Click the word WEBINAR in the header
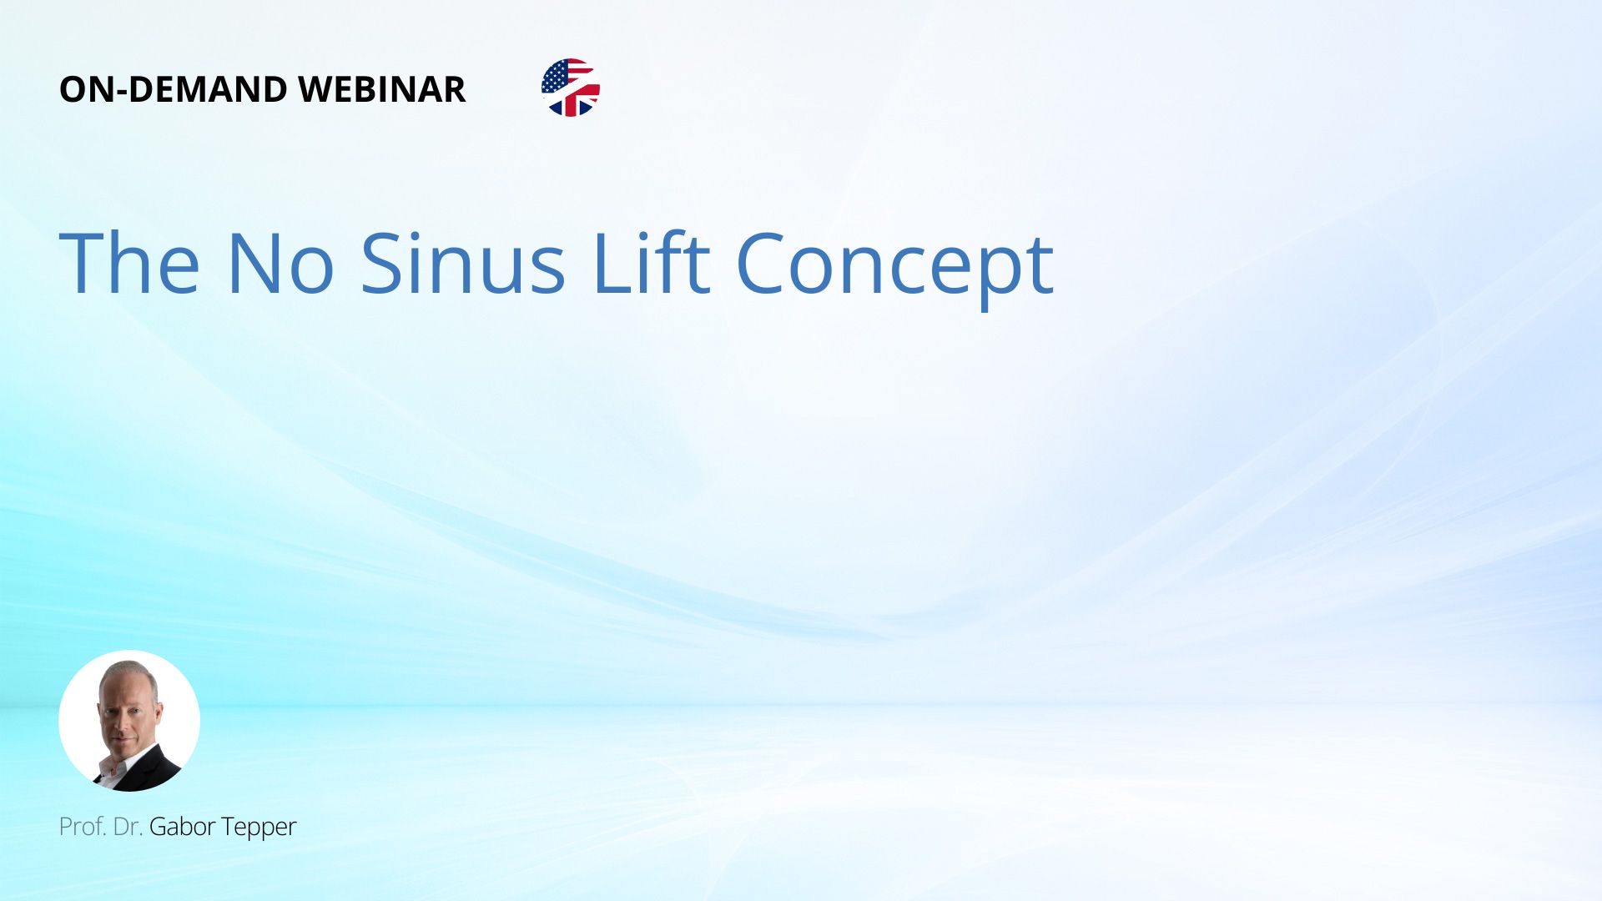pyautogui.click(x=381, y=89)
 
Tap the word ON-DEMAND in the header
pyautogui.click(x=174, y=89)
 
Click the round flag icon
pyautogui.click(x=571, y=88)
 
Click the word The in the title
pyautogui.click(x=129, y=264)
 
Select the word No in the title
pyautogui.click(x=280, y=264)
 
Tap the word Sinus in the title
pyautogui.click(x=463, y=264)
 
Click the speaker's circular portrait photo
pyautogui.click(x=129, y=721)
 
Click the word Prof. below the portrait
pyautogui.click(x=83, y=827)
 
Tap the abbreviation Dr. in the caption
pyautogui.click(x=128, y=827)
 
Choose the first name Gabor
pyautogui.click(x=183, y=827)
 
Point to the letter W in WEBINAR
pyautogui.click(x=315, y=89)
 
